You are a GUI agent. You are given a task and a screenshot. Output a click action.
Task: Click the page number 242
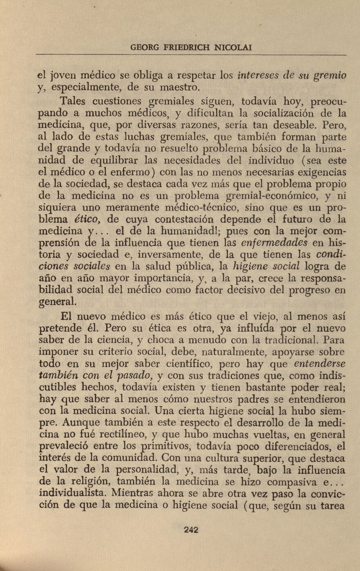192,529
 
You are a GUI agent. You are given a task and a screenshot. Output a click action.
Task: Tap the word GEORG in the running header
142,47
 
